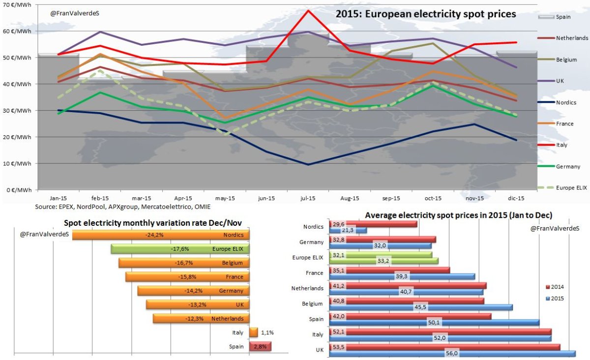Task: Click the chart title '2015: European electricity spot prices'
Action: tap(426, 14)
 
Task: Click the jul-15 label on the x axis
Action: tap(308, 198)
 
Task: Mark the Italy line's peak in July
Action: tap(308, 10)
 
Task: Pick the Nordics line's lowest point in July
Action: tap(308, 164)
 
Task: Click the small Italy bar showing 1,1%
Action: tap(254, 332)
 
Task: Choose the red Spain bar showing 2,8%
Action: tap(261, 347)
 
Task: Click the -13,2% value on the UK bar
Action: tap(198, 304)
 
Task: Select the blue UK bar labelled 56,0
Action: tap(442, 353)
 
